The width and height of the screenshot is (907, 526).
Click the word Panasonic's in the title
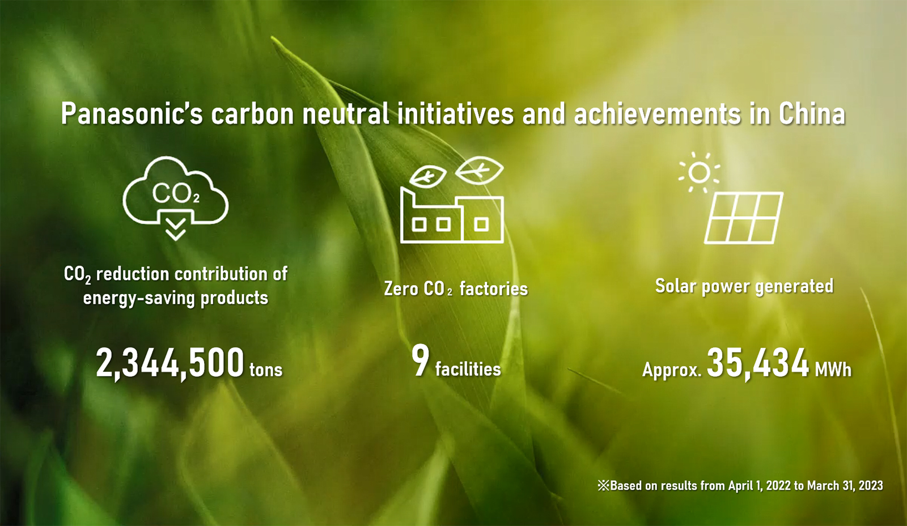[132, 113]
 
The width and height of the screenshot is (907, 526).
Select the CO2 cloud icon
[175, 190]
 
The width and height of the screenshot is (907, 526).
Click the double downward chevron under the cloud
[175, 230]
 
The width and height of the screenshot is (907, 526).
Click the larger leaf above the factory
[480, 170]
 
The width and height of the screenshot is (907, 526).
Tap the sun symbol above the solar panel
[700, 172]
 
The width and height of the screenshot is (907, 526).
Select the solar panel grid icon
[744, 218]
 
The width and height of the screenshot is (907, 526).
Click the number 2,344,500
[170, 363]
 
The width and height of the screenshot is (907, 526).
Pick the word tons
[266, 370]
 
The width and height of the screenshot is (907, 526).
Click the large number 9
[420, 360]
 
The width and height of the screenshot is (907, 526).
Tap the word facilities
[468, 369]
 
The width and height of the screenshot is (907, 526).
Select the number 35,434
[758, 363]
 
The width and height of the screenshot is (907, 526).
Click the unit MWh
[833, 370]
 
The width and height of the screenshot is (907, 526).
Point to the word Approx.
[672, 370]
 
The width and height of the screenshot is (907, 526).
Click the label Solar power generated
[744, 286]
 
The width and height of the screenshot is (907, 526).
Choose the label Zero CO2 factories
[456, 289]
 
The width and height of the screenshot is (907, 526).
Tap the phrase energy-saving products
[175, 298]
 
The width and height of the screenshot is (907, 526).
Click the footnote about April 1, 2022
[740, 486]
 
